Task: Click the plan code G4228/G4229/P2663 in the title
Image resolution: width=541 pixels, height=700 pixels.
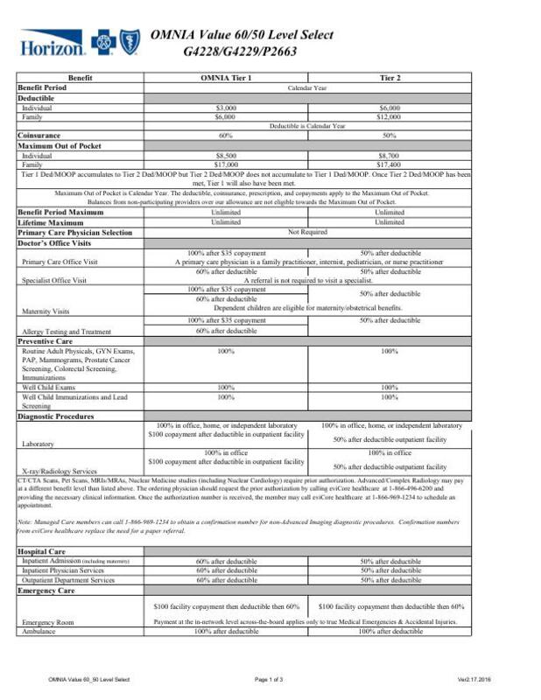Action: (240, 52)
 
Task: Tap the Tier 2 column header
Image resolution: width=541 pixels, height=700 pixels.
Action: (390, 78)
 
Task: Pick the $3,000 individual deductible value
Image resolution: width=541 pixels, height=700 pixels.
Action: (226, 108)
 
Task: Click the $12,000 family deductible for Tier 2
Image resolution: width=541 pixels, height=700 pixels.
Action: (390, 116)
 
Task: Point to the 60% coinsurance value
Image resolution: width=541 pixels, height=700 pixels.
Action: (226, 136)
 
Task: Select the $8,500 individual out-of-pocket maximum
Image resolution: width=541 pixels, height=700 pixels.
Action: (226, 155)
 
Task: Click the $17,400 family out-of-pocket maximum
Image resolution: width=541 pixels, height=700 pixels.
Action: (390, 164)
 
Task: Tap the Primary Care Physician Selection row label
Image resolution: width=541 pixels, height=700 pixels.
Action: (74, 232)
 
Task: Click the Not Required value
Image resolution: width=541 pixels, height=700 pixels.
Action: (307, 232)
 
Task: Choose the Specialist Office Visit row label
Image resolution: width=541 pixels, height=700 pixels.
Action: (54, 280)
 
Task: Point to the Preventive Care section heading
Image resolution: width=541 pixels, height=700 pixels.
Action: (51, 340)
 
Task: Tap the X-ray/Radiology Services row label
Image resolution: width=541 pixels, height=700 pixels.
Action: (60, 470)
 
